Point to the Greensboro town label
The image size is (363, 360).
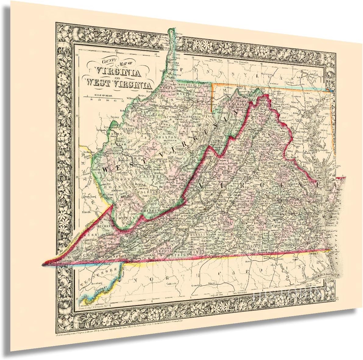199,285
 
